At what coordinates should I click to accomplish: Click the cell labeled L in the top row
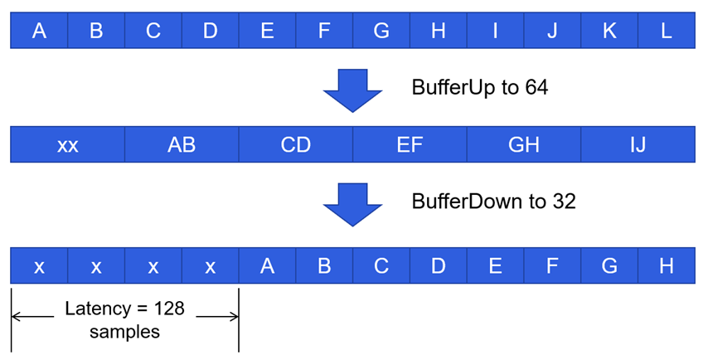click(x=667, y=31)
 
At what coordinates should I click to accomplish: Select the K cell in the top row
click(x=609, y=31)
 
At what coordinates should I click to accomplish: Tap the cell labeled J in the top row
click(x=552, y=31)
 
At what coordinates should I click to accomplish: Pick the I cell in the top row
click(x=495, y=31)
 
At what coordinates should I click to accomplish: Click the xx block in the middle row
click(x=68, y=145)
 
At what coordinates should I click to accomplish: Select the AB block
click(x=182, y=145)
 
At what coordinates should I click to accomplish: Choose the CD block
click(x=296, y=145)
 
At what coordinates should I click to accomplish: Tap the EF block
click(x=410, y=145)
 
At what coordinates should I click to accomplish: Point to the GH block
click(x=524, y=145)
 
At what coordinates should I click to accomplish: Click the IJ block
click(x=638, y=145)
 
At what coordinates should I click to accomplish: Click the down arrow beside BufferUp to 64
click(x=352, y=89)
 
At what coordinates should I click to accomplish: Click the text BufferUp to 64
click(x=479, y=87)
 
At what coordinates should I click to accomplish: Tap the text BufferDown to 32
click(x=493, y=202)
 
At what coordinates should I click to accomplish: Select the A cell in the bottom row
click(x=267, y=266)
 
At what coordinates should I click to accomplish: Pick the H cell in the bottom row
click(x=667, y=266)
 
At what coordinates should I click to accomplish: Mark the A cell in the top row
click(x=39, y=31)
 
